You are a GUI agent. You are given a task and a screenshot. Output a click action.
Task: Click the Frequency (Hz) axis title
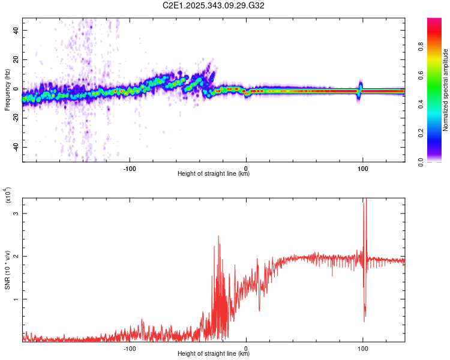point(7,90)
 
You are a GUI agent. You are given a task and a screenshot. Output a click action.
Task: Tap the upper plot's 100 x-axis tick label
point(362,167)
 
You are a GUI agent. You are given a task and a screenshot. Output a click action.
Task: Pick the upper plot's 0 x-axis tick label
point(245,167)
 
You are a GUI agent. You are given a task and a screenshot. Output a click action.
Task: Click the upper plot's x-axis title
point(214,174)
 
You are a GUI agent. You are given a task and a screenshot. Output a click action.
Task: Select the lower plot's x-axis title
point(214,354)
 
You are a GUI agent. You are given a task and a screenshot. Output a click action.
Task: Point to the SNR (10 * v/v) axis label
point(7,271)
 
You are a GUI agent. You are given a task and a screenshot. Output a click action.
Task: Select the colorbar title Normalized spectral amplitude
point(445,91)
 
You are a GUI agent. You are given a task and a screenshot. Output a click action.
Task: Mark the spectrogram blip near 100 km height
point(360,89)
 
